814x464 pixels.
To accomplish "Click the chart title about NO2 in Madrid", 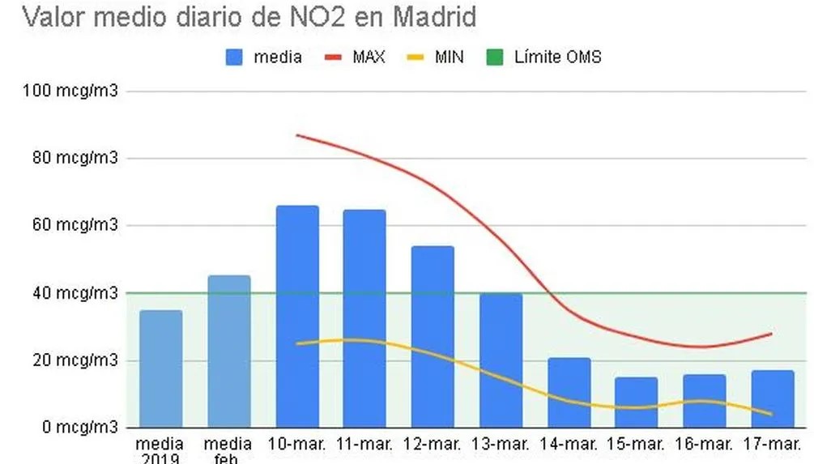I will pyautogui.click(x=249, y=16).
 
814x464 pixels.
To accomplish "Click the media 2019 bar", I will pyautogui.click(x=161, y=368).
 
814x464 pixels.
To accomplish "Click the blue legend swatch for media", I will pyautogui.click(x=233, y=57).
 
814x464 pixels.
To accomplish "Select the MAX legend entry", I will pyautogui.click(x=369, y=57).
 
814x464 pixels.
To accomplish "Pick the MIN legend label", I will pyautogui.click(x=449, y=57).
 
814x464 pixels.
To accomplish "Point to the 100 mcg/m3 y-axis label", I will pyautogui.click(x=71, y=91).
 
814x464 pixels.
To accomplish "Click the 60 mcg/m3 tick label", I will pyautogui.click(x=75, y=225).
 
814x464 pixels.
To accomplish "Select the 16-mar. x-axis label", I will pyautogui.click(x=704, y=445).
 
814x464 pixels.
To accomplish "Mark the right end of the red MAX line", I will pyautogui.click(x=771, y=334).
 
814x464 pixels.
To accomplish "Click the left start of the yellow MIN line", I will pyautogui.click(x=297, y=343).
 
